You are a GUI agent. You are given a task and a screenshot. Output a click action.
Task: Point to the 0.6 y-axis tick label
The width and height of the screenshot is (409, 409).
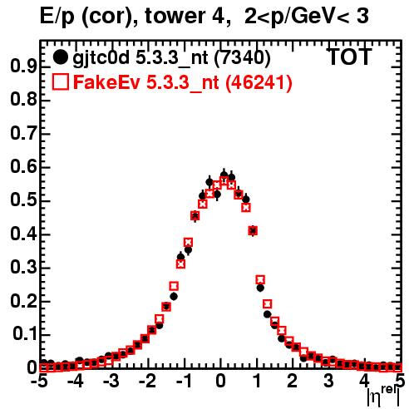tap(23, 167)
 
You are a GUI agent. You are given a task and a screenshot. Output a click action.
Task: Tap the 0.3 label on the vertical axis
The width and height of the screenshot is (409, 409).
tap(23, 268)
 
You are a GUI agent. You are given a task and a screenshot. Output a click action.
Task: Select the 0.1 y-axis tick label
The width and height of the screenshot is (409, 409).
tap(24, 334)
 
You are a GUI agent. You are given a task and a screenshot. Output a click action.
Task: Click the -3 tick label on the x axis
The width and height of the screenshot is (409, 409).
tap(111, 382)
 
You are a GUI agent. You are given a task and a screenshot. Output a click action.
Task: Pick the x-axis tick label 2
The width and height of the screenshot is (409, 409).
tap(293, 382)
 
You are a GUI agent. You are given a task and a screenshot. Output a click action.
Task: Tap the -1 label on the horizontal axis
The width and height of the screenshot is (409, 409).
tap(184, 382)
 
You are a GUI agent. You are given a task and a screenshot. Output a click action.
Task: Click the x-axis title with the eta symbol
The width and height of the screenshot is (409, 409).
tap(383, 396)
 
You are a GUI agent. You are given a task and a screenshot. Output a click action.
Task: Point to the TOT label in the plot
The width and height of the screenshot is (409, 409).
tap(349, 57)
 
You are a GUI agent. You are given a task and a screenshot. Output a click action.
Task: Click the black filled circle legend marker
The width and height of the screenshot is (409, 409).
tap(60, 57)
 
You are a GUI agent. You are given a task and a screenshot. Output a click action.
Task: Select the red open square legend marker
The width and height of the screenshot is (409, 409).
tap(61, 81)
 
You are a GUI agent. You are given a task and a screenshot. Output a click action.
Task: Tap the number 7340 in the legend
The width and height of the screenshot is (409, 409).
tap(243, 57)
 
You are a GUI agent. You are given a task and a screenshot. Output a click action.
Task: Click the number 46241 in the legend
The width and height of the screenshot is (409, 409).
tap(259, 82)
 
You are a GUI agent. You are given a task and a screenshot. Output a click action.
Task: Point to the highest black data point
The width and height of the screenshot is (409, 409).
tap(224, 175)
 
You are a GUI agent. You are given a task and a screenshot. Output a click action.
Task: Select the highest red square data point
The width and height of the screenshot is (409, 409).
tap(224, 181)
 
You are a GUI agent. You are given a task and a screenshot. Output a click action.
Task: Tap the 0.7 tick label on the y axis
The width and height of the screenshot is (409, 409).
tap(23, 133)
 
